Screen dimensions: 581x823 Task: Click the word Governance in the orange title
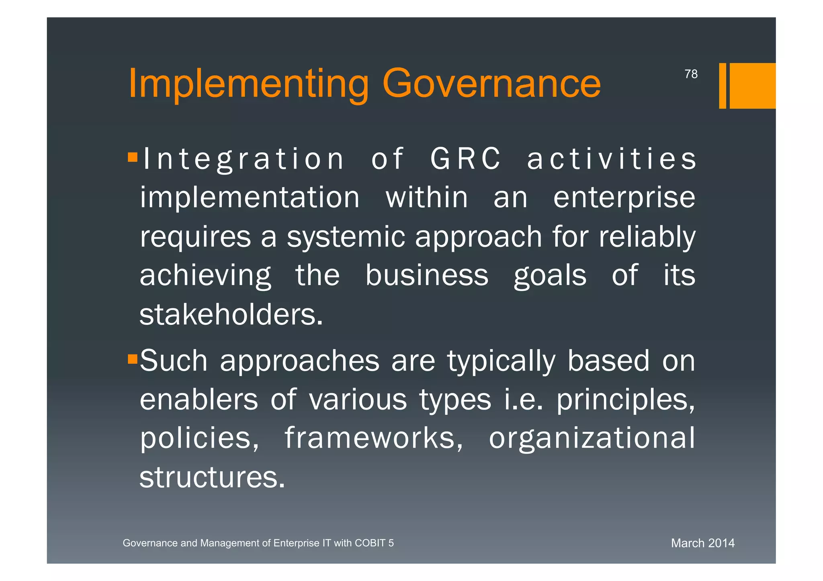(491, 84)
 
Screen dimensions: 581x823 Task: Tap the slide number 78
(691, 74)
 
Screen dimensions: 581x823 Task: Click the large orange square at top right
(752, 86)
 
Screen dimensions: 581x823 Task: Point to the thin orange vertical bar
(722, 86)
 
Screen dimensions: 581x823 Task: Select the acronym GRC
(465, 159)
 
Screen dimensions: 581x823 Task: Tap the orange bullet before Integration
(133, 157)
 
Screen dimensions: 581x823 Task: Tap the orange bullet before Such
(133, 359)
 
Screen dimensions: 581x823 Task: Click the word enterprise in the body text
(624, 198)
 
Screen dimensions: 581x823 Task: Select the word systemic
(346, 236)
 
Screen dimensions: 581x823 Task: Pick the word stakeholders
(231, 314)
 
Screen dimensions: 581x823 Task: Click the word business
(427, 275)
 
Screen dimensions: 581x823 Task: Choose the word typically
(501, 361)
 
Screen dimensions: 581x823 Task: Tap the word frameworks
(374, 438)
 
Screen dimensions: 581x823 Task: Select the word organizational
(592, 438)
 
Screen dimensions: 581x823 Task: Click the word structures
(212, 477)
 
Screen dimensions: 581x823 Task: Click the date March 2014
(702, 543)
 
